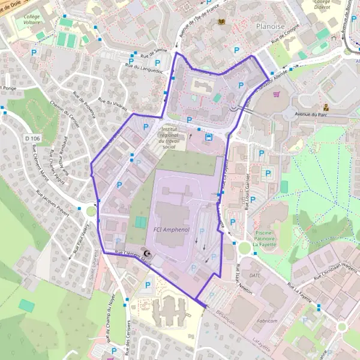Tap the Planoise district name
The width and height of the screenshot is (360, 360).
[x=269, y=26]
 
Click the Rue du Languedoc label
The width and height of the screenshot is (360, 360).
[x=144, y=69]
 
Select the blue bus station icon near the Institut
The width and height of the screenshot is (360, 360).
[x=208, y=136]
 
